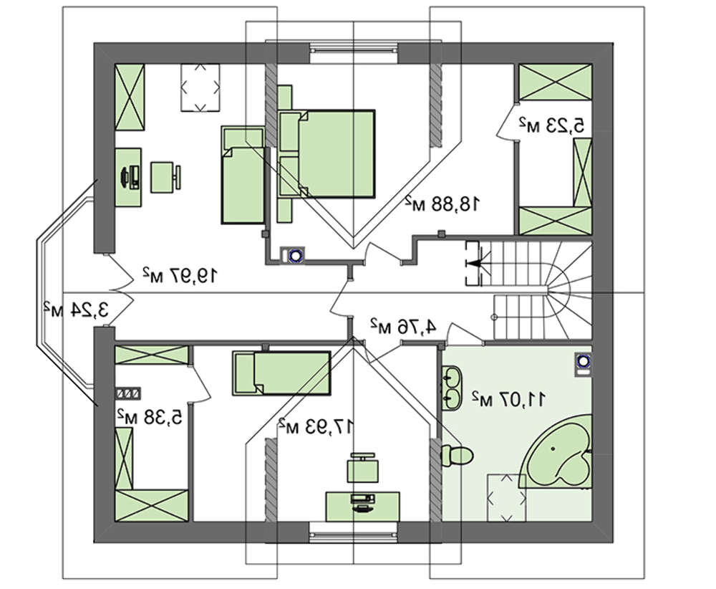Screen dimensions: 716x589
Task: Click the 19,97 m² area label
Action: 179,275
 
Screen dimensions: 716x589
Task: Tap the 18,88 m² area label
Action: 442,203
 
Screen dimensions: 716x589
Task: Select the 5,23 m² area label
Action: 551,124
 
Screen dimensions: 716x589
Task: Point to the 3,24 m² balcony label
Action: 77,310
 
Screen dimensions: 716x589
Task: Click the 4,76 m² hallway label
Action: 402,326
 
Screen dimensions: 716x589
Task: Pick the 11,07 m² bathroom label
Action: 508,399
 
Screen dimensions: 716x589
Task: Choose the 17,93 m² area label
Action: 316,426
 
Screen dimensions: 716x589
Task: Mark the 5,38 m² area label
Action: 150,416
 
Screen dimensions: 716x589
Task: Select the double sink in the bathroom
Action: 453,387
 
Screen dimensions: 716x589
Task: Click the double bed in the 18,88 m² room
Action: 327,153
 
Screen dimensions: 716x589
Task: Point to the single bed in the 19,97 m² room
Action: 243,175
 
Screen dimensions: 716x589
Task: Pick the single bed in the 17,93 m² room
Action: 281,373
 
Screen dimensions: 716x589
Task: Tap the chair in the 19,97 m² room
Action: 165,177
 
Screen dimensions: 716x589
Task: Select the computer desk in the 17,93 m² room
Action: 362,507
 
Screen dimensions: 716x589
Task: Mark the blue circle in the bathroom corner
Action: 583,361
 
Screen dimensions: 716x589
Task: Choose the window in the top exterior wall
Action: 354,52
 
